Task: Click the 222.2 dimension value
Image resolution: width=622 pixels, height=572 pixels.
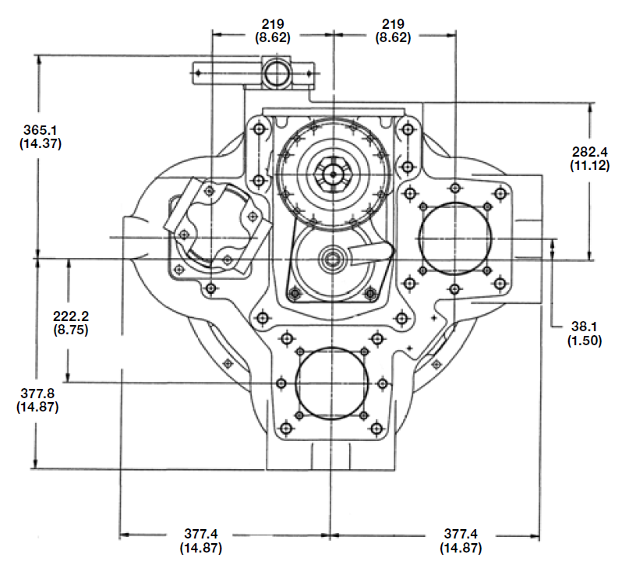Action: [69, 316]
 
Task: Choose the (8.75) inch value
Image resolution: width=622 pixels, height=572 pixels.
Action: [69, 330]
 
